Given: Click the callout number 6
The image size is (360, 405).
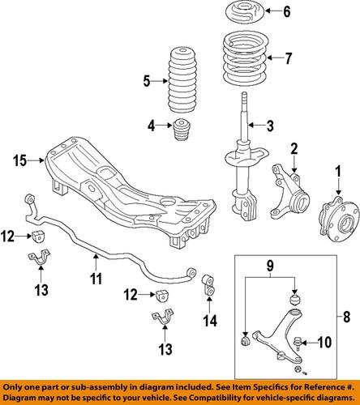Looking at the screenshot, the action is click(x=286, y=11).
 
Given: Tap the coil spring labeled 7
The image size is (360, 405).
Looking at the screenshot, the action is click(x=244, y=58).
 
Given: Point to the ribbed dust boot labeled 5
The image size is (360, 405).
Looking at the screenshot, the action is click(x=182, y=79).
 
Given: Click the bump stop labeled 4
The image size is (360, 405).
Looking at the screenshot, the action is click(x=182, y=130).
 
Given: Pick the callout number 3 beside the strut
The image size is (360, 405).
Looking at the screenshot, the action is click(x=270, y=126).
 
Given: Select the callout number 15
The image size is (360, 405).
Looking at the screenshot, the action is click(x=20, y=161).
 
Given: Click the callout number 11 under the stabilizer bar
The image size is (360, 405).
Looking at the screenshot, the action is click(x=96, y=279).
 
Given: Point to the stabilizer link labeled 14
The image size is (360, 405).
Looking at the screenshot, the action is click(x=208, y=285).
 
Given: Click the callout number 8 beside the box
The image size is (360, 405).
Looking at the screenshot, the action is click(x=346, y=317).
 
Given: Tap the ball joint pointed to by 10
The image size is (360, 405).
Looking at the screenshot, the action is click(x=298, y=343).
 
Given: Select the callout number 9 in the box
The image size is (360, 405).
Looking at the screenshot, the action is click(x=270, y=266).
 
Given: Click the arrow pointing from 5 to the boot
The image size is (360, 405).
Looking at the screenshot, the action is click(x=160, y=81).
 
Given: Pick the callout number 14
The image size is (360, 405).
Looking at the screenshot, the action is click(x=210, y=321).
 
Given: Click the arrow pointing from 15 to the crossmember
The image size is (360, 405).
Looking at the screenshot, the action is click(x=36, y=160).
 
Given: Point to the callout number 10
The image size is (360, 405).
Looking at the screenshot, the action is click(x=324, y=343).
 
